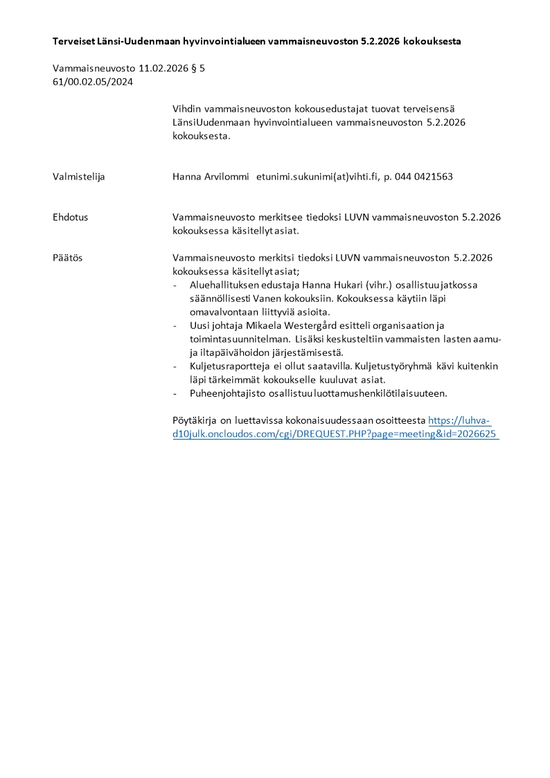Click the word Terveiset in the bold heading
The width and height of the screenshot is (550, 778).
point(74,42)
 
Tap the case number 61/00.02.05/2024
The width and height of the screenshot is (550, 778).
point(93,82)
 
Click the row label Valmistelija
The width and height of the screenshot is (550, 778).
point(79,177)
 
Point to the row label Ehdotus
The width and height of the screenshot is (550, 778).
point(71,217)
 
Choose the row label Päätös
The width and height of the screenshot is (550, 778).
point(68,258)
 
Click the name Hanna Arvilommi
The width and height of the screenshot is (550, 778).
point(211,177)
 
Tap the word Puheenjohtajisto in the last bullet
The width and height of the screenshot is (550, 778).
point(225,393)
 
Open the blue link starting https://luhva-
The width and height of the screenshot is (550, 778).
point(459,420)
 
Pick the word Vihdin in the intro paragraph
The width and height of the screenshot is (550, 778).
point(187,109)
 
